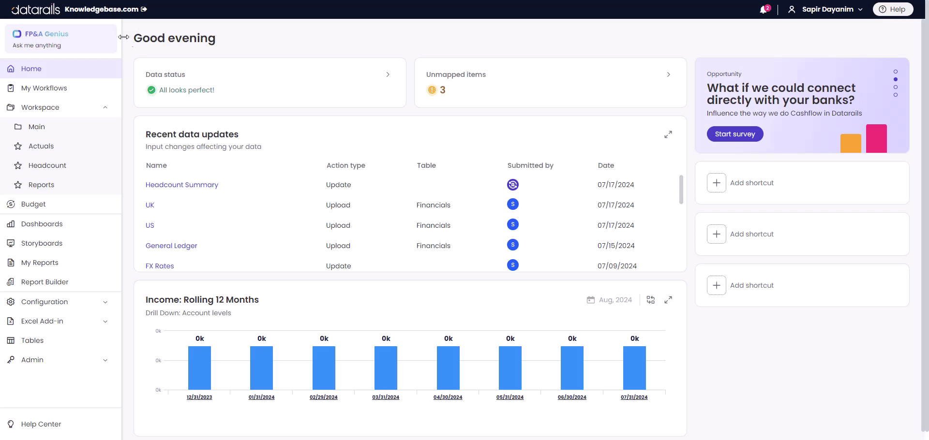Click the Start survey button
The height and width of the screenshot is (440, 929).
point(734,134)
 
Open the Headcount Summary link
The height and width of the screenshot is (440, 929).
point(181,185)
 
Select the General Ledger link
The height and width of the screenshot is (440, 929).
point(171,246)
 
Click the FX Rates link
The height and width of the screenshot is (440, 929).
point(160,266)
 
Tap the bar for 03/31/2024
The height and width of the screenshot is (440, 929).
point(386,367)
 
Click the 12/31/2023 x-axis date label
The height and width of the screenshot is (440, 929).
point(199,397)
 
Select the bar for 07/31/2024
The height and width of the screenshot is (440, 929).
point(634,367)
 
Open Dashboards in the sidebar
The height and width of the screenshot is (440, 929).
point(42,224)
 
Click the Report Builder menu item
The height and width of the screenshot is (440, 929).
point(45,282)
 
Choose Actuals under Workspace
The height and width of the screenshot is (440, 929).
point(41,146)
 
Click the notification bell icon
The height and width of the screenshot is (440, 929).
point(763,10)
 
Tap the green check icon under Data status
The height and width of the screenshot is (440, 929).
point(151,90)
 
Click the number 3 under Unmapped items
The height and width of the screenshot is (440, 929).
point(442,90)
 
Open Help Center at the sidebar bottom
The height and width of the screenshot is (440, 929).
point(41,424)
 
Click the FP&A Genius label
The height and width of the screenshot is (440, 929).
point(46,34)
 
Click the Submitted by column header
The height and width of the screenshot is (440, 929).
point(530,165)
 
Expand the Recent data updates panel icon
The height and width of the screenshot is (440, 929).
point(668,134)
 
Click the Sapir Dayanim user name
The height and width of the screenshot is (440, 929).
point(827,9)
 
